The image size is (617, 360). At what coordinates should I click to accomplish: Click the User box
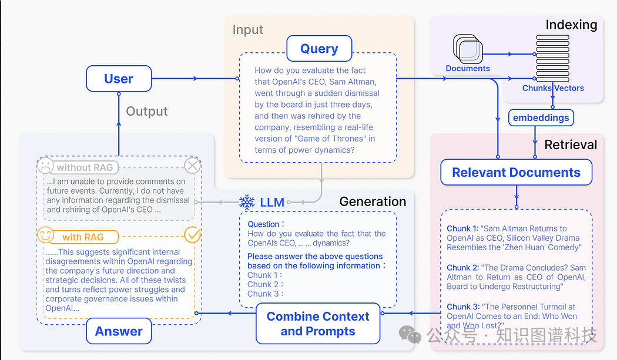119,79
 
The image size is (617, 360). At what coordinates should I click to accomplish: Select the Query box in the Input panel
319,48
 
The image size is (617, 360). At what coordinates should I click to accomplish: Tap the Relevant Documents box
517,172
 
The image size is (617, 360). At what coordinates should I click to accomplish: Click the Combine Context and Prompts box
318,324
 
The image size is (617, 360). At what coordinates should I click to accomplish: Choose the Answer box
119,331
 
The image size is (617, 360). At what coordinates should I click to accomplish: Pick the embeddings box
541,117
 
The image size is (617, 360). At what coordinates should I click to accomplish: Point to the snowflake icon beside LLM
247,202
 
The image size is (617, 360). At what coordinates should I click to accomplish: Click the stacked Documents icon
468,49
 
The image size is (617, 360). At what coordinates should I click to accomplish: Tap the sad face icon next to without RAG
45,166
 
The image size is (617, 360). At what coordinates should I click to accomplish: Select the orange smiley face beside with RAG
45,235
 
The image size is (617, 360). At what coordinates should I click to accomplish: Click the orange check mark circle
193,235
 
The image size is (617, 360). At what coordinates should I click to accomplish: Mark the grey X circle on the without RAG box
192,166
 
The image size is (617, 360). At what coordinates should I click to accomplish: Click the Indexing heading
571,25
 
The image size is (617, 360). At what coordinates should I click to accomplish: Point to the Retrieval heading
571,144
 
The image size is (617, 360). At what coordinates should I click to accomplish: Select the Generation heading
373,201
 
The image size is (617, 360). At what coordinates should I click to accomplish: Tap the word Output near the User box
147,112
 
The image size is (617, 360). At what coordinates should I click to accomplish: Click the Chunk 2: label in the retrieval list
463,268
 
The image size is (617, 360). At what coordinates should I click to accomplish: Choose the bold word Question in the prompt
263,224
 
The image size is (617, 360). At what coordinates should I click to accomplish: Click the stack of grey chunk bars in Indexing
553,58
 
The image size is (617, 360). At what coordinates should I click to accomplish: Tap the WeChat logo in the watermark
410,334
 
